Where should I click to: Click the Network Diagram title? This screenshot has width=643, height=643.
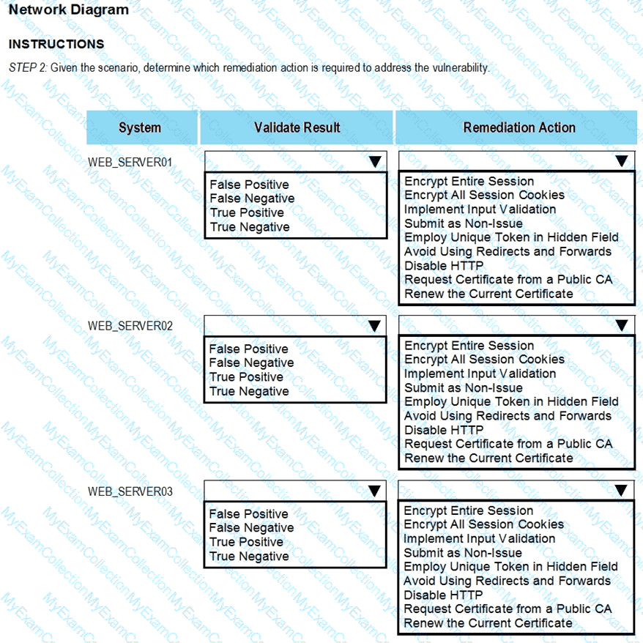coord(69,10)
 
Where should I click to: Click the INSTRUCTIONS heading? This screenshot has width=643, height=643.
coord(56,44)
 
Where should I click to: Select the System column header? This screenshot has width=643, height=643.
coord(140,127)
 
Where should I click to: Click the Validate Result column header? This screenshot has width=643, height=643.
coord(297,127)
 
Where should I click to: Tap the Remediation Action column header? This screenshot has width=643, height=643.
coord(519,127)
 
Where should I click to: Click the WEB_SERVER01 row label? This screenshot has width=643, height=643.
coord(130,162)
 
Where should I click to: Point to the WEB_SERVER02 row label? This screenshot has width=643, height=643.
coord(130,326)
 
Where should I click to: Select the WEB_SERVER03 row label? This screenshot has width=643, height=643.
coord(130,491)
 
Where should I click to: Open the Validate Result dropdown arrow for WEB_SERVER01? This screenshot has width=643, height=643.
coord(375,161)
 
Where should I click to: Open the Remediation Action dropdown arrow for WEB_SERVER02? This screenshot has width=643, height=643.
coord(622,325)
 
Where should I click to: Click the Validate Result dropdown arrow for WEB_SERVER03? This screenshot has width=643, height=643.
coord(375,491)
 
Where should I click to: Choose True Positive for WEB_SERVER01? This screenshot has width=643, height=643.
coord(246,212)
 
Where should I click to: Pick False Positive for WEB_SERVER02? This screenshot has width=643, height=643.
coord(248,349)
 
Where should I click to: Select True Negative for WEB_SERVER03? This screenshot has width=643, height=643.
coord(249,556)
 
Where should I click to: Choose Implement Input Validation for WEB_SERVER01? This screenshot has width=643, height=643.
coord(480,209)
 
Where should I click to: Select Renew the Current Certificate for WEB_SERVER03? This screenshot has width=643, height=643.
coord(488,623)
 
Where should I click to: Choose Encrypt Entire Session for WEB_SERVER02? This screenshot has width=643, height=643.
coord(469,345)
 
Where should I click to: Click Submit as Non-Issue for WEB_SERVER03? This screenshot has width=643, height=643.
coord(463,553)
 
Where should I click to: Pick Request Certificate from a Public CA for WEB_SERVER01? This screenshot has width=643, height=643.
coord(508,280)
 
